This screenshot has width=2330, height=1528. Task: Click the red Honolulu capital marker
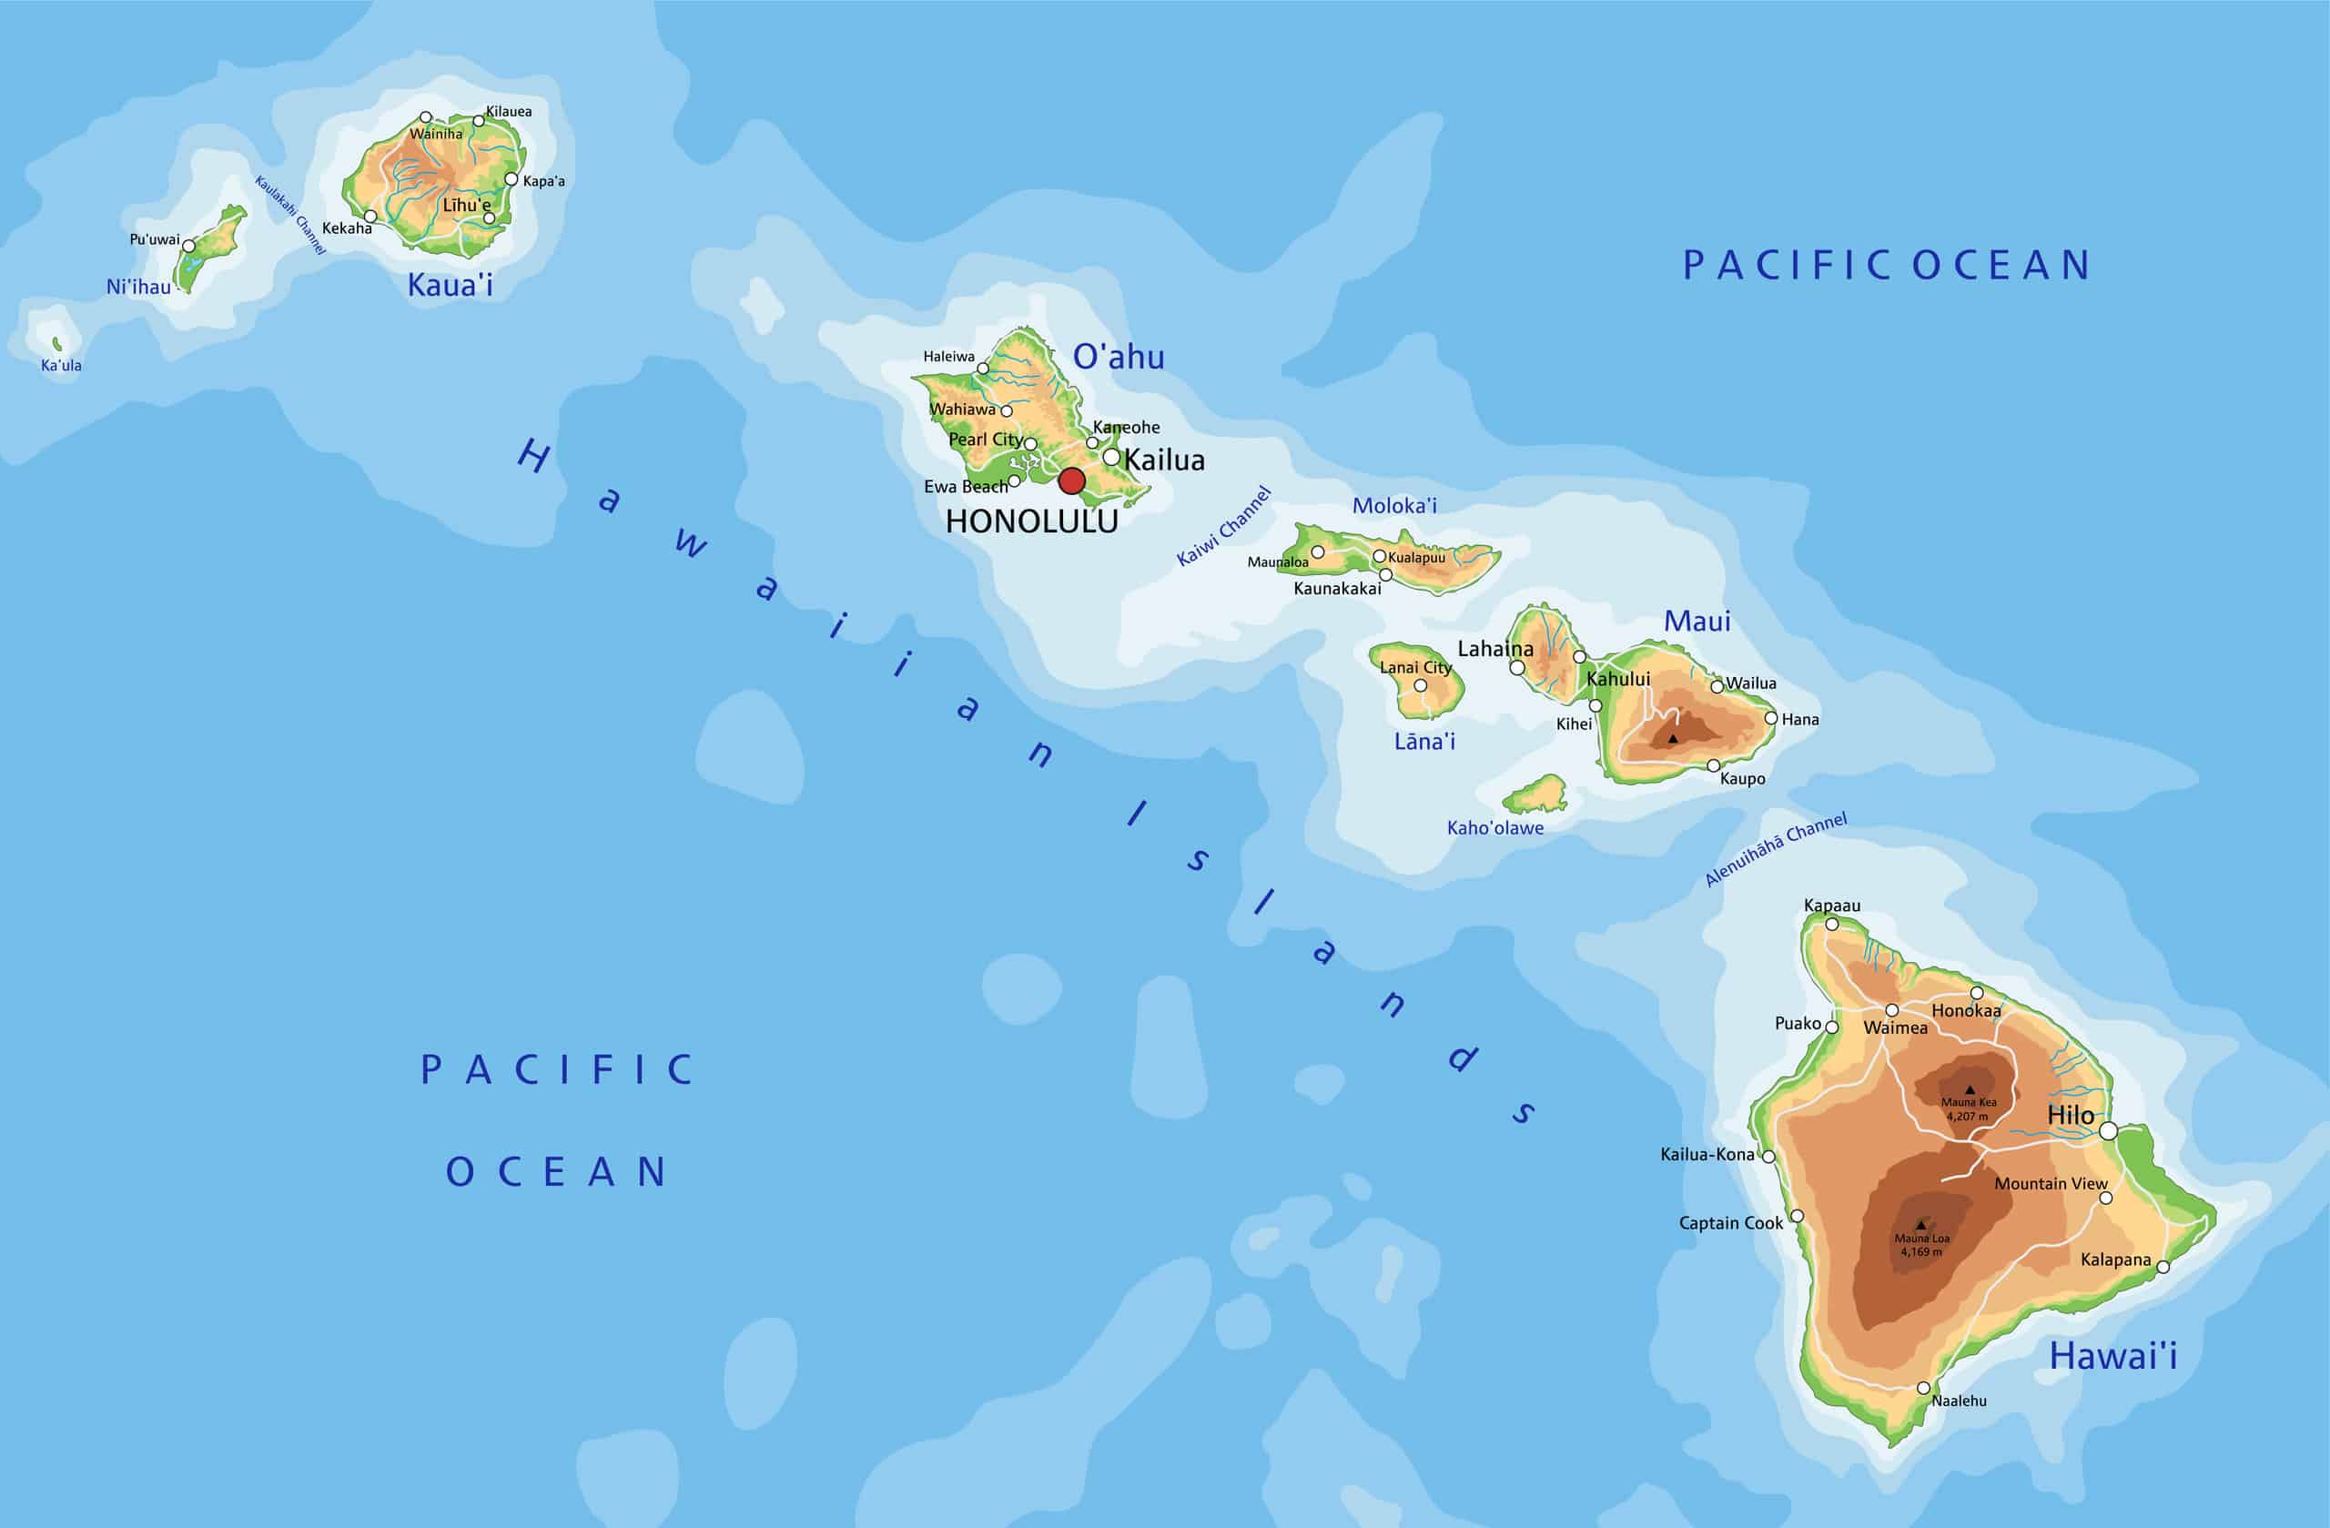click(x=1072, y=481)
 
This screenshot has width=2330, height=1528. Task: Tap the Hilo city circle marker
click(x=2109, y=1131)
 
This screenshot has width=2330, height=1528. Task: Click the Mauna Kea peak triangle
click(x=1970, y=1089)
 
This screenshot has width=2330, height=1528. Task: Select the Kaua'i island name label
click(x=450, y=285)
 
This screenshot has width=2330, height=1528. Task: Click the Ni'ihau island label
click(x=138, y=287)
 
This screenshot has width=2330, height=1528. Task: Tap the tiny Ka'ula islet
click(x=56, y=344)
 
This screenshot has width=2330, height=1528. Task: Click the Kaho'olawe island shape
click(x=1537, y=795)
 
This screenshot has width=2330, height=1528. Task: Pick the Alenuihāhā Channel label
click(x=1775, y=849)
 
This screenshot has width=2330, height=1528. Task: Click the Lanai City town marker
click(x=1421, y=685)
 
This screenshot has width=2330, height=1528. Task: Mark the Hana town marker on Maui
click(x=1771, y=718)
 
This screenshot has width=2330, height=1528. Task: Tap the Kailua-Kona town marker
click(x=1769, y=1156)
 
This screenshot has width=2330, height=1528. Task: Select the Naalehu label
click(x=1959, y=1401)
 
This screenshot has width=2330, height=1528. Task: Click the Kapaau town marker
click(x=1833, y=924)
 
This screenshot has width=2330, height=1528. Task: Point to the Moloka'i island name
click(x=1394, y=506)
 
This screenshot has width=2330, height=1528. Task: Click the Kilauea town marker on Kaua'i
click(x=479, y=121)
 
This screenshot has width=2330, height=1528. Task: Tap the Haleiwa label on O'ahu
click(x=948, y=357)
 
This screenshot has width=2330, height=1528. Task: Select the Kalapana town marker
click(x=2163, y=1267)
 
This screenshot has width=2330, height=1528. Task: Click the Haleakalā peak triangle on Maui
click(x=1673, y=738)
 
